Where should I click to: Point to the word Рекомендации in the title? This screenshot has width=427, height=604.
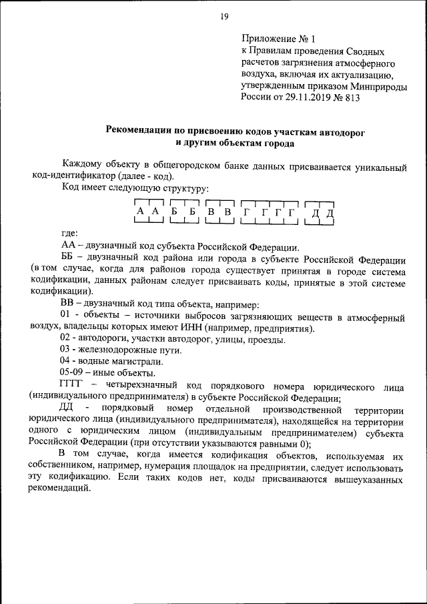[137, 130]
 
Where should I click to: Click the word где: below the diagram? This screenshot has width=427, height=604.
[69, 233]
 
